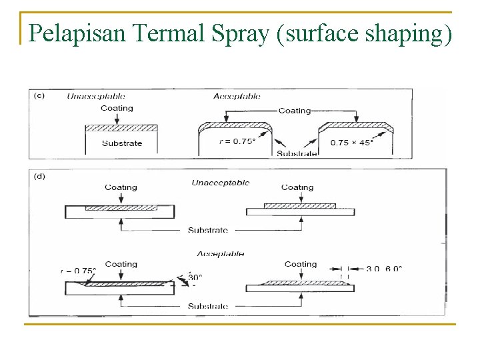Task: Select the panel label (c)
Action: coord(39,95)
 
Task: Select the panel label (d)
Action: coord(39,176)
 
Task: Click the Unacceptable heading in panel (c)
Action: coord(96,96)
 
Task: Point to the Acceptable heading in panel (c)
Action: coord(237,96)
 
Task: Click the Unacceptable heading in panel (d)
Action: coord(221,183)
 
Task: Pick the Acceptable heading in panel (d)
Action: coord(221,253)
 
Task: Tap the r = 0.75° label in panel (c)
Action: coord(237,141)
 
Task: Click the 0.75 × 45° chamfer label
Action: coord(352,142)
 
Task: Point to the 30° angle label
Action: coord(195,277)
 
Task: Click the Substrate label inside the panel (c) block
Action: coord(122,143)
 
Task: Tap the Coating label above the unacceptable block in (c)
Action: coord(117,108)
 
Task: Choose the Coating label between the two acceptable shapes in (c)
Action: coord(295,111)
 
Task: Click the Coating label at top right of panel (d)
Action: coord(297,187)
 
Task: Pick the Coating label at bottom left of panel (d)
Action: coord(121,264)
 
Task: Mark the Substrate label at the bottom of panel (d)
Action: coord(207,307)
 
